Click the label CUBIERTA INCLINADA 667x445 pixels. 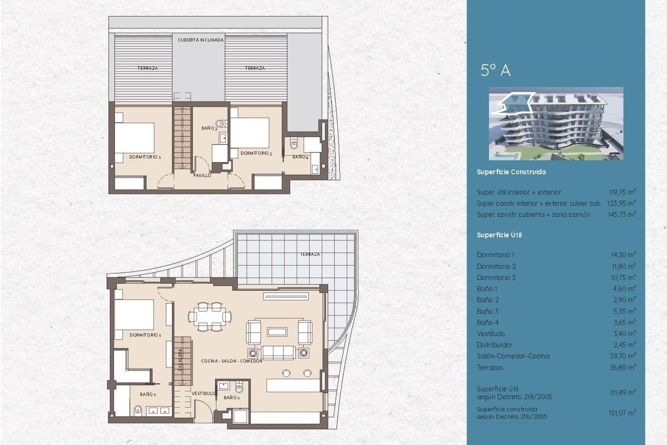click(200, 40)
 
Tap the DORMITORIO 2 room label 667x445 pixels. click(145, 157)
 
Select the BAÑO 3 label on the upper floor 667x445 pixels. click(209, 128)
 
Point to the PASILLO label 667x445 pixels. click(202, 176)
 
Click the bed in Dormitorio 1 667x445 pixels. click(134, 315)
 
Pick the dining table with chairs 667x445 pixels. click(210, 317)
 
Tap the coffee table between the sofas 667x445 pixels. click(277, 332)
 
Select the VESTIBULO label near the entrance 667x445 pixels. click(204, 393)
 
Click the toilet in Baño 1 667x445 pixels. click(138, 411)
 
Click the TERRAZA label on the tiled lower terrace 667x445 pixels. click(310, 254)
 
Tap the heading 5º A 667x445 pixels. click(495, 71)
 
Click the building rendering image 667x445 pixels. click(556, 123)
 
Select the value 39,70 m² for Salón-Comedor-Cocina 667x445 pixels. click(623, 356)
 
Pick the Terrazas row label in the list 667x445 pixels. click(490, 367)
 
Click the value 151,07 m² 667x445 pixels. click(622, 413)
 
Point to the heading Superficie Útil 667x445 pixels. click(499, 235)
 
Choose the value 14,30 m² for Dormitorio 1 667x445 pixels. click(623, 255)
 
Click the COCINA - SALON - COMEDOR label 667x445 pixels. click(231, 361)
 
